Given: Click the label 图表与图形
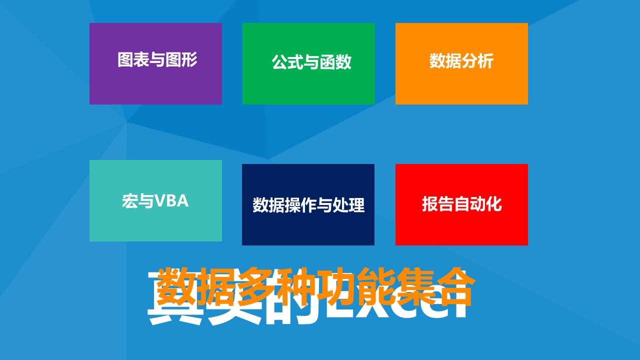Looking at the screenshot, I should point(157,60).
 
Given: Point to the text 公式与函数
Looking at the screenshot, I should point(311,62).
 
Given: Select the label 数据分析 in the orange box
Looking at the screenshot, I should point(461,61).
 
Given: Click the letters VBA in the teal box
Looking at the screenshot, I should point(171,201).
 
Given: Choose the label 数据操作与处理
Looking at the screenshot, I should point(308,205).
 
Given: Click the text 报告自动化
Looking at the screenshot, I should point(461,204).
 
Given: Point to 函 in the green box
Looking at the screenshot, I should point(327,62).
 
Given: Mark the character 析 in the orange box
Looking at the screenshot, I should point(485,61).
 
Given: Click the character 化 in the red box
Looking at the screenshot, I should point(493,204).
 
